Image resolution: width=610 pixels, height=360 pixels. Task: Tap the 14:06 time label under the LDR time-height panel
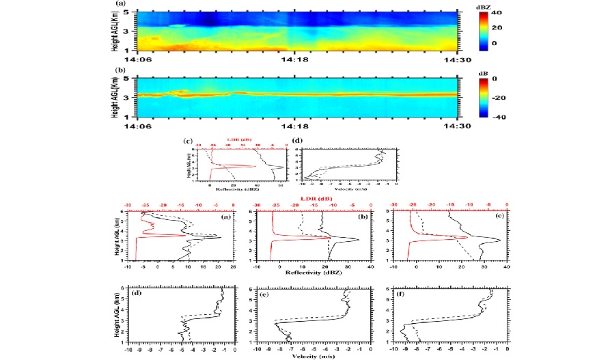pos(139,126)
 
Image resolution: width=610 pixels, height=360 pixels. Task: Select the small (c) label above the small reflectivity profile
pos(189,141)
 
